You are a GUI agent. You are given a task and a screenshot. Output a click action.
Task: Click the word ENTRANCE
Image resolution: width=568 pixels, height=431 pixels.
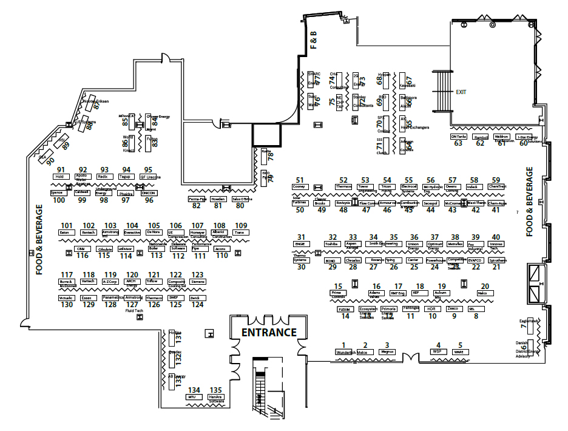coord(269,332)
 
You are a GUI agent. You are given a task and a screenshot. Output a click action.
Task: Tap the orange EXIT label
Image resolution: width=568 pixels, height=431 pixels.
coord(461,92)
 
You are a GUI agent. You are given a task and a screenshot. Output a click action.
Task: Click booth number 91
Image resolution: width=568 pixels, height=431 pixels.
coord(61,169)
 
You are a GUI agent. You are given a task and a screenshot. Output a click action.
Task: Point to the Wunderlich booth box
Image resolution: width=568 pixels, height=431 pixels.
coord(343,352)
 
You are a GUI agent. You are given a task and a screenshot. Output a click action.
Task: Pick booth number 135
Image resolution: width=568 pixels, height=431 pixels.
coord(215,390)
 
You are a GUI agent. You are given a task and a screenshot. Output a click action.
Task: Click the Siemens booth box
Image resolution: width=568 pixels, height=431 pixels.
coord(198,282)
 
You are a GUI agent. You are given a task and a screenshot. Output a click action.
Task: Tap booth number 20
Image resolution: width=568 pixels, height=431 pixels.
coord(485,286)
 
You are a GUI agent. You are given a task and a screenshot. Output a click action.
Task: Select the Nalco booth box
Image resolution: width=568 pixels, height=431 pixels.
coord(482,293)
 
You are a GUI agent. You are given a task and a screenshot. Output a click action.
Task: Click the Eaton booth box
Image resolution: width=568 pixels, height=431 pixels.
coord(66,232)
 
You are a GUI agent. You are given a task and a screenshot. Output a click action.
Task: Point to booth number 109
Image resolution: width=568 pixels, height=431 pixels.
coord(241,225)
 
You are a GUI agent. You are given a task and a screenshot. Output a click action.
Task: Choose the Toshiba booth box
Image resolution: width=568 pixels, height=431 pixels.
coord(331,244)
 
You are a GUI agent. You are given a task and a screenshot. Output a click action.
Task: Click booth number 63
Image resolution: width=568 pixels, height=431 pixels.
coord(458,143)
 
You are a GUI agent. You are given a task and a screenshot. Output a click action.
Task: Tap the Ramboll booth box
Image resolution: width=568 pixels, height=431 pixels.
coord(480,137)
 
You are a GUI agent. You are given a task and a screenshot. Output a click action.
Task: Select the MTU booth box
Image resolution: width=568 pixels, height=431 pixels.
coord(194,397)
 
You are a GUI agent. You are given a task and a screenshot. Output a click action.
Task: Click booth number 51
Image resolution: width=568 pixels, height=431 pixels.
coord(299,180)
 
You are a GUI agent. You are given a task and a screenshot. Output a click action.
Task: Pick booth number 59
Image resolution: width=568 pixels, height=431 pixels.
coord(496,180)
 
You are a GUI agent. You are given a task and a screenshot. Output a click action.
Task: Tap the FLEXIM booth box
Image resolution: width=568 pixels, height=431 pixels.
coord(345,309)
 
